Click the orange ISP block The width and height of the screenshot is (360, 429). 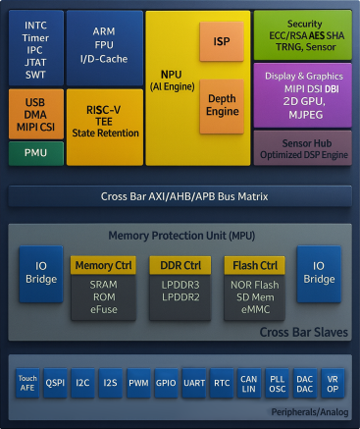[x=222, y=41]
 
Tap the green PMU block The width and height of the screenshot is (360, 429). [x=35, y=153]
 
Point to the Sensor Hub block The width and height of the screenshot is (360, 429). [x=302, y=147]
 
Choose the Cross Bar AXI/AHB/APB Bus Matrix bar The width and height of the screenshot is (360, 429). [x=180, y=195]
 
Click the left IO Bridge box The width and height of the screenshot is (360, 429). [x=40, y=274]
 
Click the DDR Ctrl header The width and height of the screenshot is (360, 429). [x=180, y=266]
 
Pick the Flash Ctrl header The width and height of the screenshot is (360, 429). [x=255, y=266]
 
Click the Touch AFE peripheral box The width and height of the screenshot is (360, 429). [x=27, y=384]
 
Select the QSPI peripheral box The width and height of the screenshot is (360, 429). [x=56, y=384]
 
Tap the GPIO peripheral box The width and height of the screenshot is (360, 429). [x=166, y=384]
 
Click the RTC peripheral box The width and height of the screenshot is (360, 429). [x=223, y=384]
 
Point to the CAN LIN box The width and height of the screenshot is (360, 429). [x=250, y=384]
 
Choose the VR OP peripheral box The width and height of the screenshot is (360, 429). [x=334, y=384]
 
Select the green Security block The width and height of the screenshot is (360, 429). [x=302, y=33]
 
